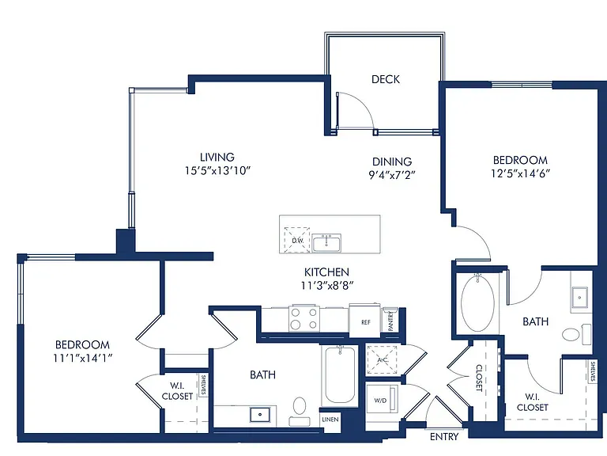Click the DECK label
pyautogui.click(x=386, y=79)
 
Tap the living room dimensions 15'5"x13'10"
pyautogui.click(x=218, y=171)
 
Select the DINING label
pyautogui.click(x=392, y=161)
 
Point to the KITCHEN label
pyautogui.click(x=326, y=272)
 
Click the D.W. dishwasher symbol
pyautogui.click(x=297, y=240)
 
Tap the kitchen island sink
pyautogui.click(x=326, y=243)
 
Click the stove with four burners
pyautogui.click(x=304, y=318)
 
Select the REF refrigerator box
pyautogui.click(x=365, y=321)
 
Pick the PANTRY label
pyautogui.click(x=390, y=321)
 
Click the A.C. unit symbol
pyautogui.click(x=382, y=360)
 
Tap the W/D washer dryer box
pyautogui.click(x=382, y=400)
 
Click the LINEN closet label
pyautogui.click(x=330, y=420)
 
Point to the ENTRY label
pyautogui.click(x=444, y=437)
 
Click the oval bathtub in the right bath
pyautogui.click(x=477, y=303)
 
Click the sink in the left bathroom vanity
pyautogui.click(x=260, y=415)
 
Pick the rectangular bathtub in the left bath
pyautogui.click(x=340, y=375)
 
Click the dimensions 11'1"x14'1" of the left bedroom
pyautogui.click(x=83, y=359)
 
